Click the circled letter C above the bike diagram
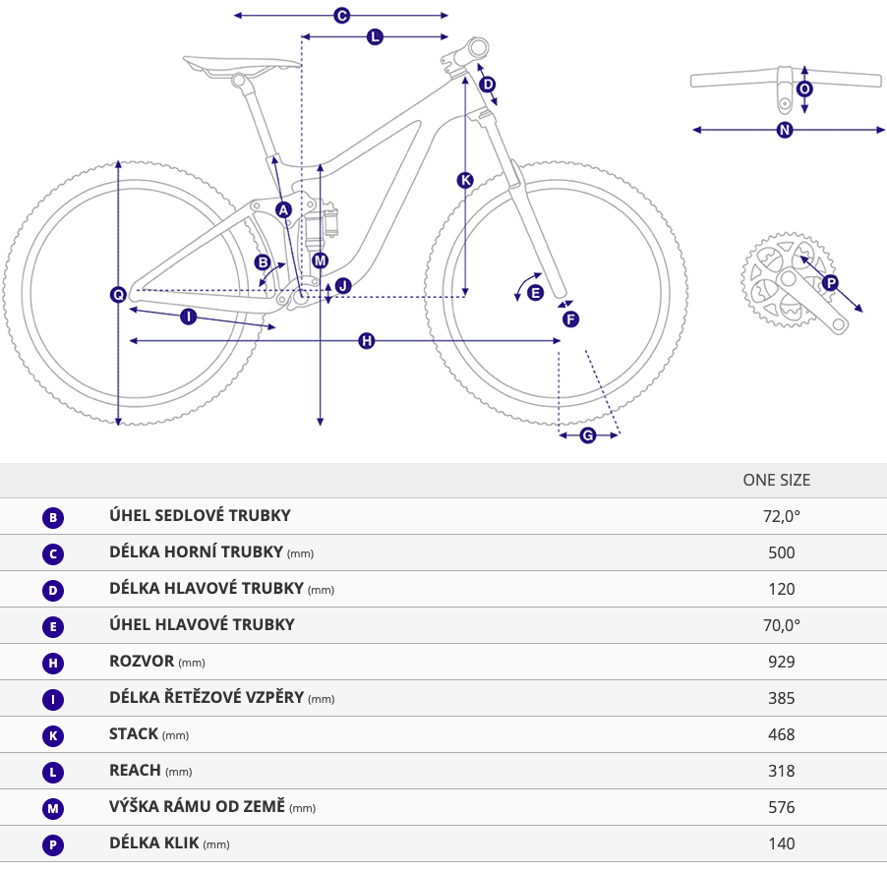[x=341, y=16]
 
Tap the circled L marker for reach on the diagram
[x=375, y=36]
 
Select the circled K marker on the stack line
[x=465, y=180]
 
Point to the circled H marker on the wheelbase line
[x=367, y=340]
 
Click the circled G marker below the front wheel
[x=588, y=435]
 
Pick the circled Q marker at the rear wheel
[x=118, y=294]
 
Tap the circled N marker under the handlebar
[x=785, y=130]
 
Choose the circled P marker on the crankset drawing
[x=830, y=282]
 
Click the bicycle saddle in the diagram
[x=242, y=65]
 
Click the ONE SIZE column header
[x=776, y=481]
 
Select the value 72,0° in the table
[x=781, y=516]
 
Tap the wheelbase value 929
[x=781, y=662]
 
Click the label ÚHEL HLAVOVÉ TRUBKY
[x=202, y=624]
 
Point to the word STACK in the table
[x=134, y=733]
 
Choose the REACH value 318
[x=781, y=771]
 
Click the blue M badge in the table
[x=52, y=808]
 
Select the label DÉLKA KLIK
[x=153, y=842]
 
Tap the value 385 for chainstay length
[x=781, y=698]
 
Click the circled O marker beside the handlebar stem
[x=804, y=88]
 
